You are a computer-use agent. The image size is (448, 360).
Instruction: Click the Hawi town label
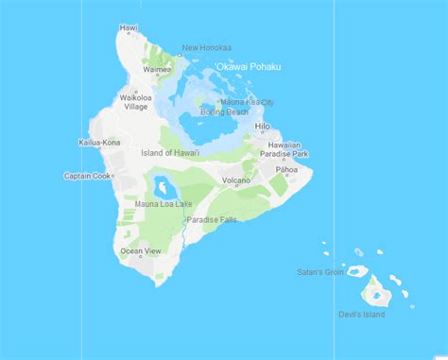(x=129, y=28)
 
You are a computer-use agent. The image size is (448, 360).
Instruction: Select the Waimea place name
(x=157, y=68)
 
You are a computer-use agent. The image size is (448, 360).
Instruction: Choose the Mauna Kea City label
(x=247, y=101)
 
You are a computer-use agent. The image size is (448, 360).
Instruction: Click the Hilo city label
(x=262, y=126)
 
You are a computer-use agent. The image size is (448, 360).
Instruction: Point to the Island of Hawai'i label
(x=170, y=153)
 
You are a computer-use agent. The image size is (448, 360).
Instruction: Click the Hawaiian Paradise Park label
(x=286, y=148)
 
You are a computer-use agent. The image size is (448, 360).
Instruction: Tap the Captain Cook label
(x=88, y=176)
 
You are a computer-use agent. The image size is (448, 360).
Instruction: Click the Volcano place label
(x=235, y=180)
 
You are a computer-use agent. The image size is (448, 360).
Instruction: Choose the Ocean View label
(x=140, y=251)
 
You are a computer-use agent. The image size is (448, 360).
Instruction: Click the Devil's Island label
(x=361, y=314)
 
